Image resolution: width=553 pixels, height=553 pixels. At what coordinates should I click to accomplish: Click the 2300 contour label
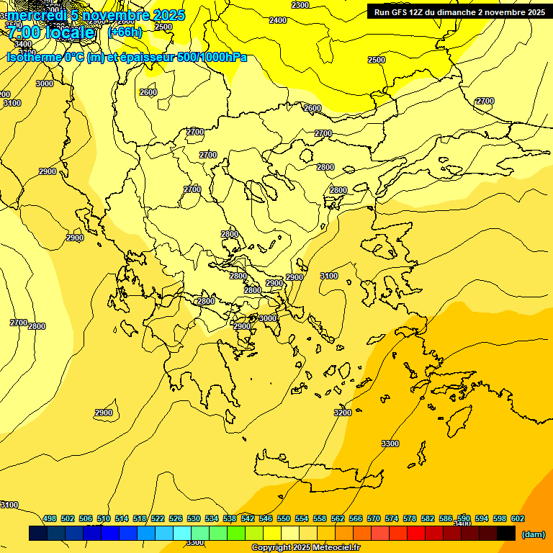(x=300, y=5)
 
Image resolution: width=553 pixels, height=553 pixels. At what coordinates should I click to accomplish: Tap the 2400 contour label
(x=277, y=20)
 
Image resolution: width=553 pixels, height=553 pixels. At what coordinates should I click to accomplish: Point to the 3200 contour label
(x=343, y=413)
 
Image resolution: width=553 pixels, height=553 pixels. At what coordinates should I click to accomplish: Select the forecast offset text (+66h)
(x=125, y=32)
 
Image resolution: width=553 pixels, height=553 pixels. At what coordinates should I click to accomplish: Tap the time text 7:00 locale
(x=50, y=33)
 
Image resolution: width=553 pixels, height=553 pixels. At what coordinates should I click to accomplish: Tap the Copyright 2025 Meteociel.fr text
(x=305, y=548)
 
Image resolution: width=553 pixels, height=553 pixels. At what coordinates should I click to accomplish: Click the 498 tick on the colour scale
(x=50, y=518)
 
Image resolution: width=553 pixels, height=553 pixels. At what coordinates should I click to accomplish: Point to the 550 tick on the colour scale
(x=284, y=518)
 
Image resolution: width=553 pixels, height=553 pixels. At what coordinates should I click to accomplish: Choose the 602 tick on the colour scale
(x=518, y=518)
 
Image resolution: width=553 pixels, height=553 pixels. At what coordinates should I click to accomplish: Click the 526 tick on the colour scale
(x=176, y=518)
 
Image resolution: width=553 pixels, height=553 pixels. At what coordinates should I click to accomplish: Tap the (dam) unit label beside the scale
(x=533, y=534)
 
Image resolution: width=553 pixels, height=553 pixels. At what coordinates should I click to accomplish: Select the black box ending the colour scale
(x=506, y=534)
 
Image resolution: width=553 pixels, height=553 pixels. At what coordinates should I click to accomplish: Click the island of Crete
(x=310, y=468)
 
